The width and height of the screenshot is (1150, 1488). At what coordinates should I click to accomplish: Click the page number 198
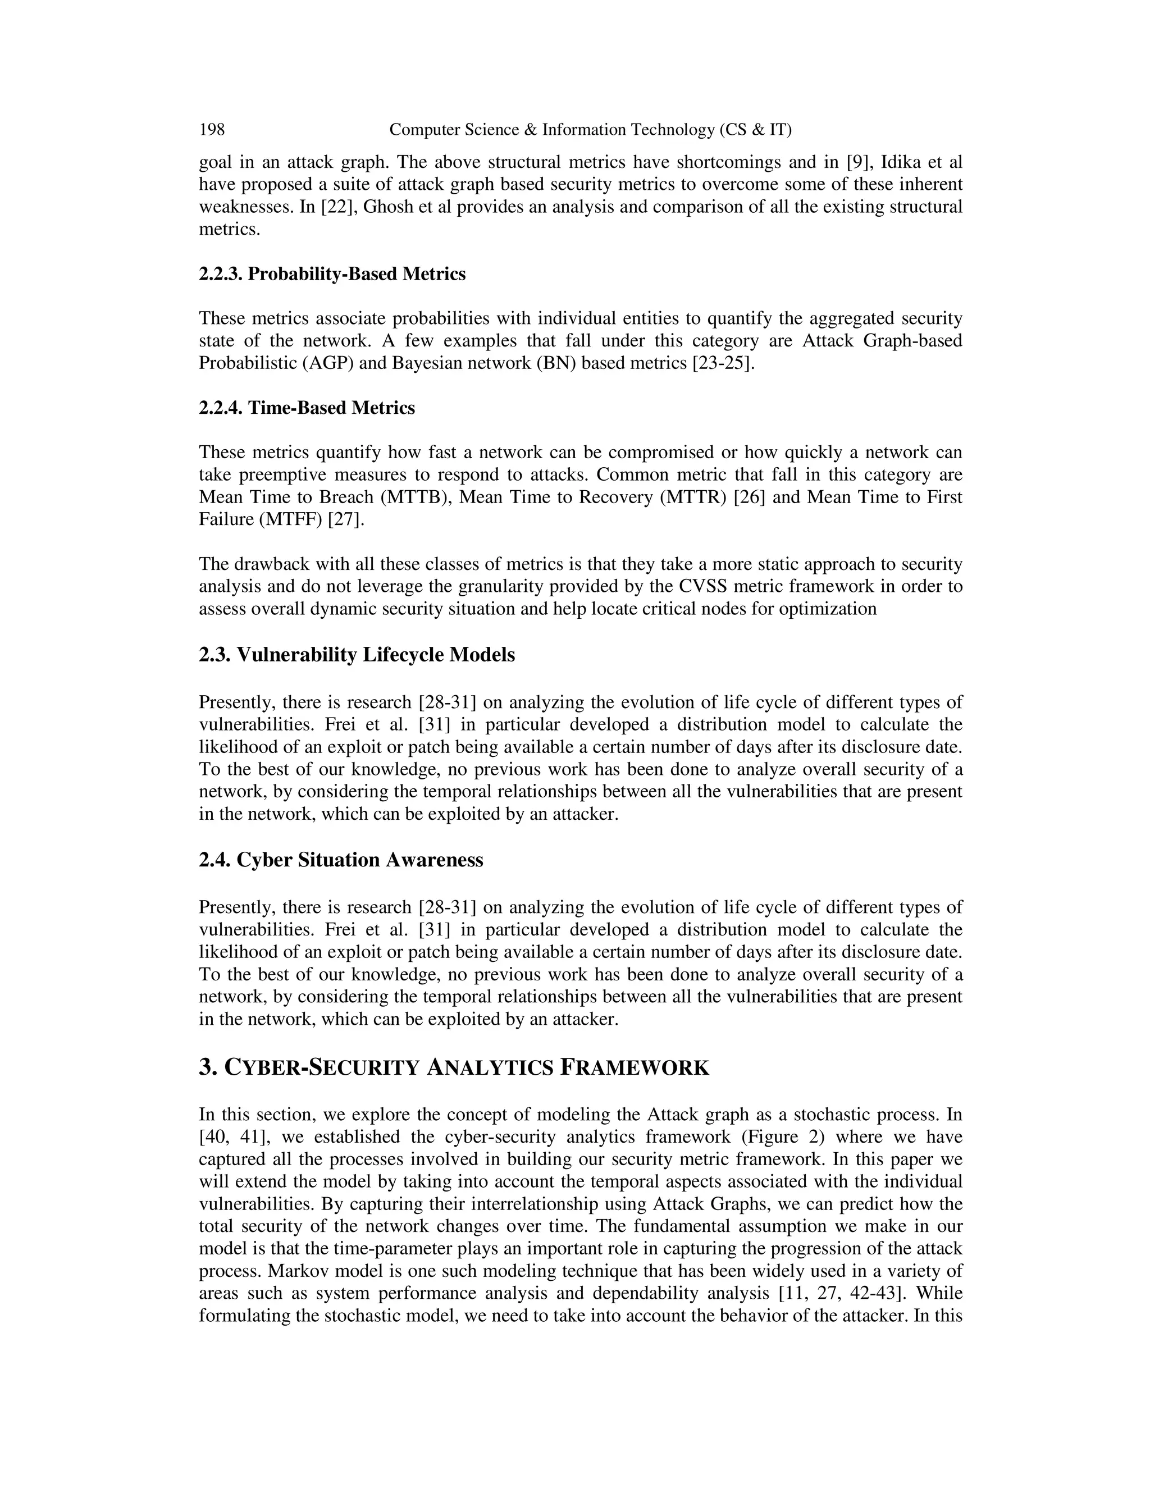(x=211, y=130)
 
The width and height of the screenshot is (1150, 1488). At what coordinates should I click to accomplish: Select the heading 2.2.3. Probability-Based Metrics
(x=332, y=274)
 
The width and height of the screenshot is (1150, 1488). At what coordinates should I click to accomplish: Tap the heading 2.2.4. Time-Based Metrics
(x=307, y=408)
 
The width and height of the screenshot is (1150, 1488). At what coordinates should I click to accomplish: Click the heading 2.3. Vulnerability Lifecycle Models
(x=357, y=655)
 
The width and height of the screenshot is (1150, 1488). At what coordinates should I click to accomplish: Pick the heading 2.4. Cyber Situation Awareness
(x=341, y=860)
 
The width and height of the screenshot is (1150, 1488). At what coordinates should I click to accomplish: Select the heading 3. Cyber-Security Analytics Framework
(x=454, y=1067)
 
